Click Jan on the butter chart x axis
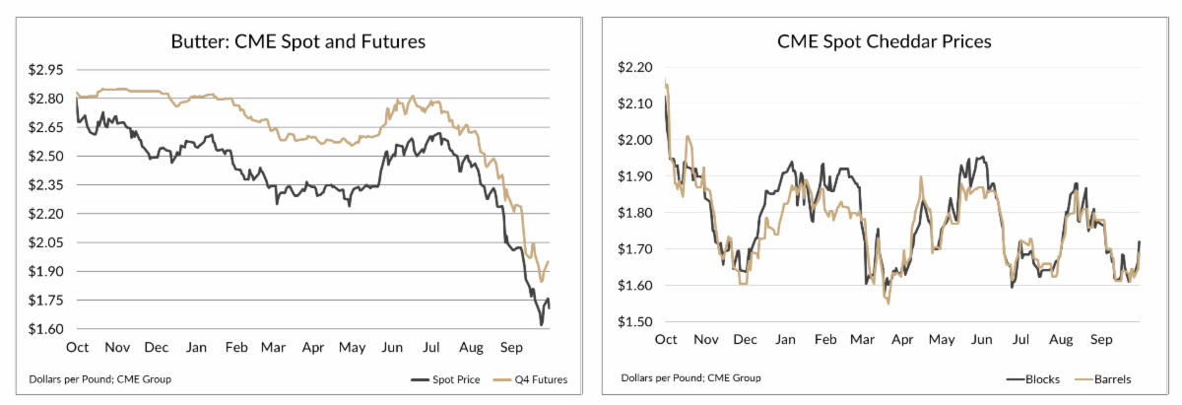tap(196, 348)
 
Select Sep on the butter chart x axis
tap(511, 348)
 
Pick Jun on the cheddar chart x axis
tap(980, 340)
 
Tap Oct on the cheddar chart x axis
tap(666, 340)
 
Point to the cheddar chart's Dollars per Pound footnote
tap(678, 378)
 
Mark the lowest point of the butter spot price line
tap(541, 324)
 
